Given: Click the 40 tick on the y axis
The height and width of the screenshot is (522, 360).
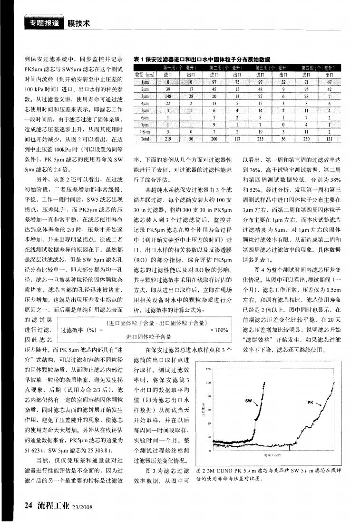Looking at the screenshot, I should (x=208, y=425).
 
